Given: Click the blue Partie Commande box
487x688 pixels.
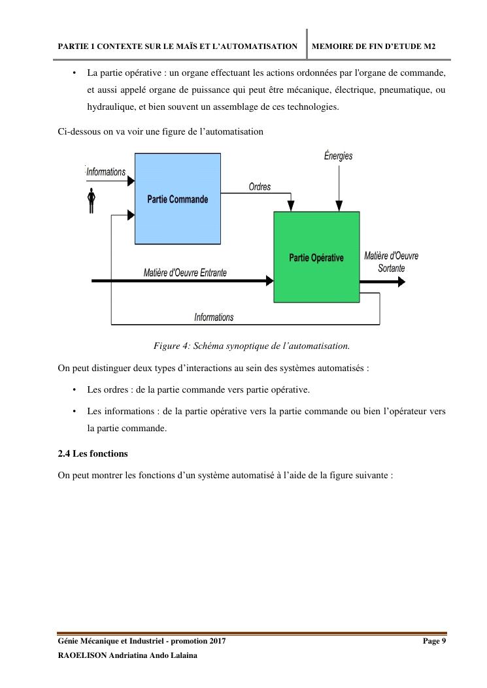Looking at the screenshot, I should (x=177, y=199).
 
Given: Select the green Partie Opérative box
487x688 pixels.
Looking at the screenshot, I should (x=316, y=257).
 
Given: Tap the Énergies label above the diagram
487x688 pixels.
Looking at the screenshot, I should (x=338, y=156).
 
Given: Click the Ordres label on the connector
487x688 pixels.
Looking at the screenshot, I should (x=260, y=187).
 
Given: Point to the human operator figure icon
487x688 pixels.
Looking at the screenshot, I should (x=92, y=200).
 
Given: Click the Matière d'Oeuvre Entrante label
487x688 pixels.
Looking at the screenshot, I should (x=185, y=272).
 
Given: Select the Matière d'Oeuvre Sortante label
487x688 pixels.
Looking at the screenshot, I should (x=391, y=262).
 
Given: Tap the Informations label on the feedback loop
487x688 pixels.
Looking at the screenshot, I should (x=214, y=318).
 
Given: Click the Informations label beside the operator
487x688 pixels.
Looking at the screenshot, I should (x=106, y=172).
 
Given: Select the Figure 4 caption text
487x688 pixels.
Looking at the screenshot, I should (x=252, y=345).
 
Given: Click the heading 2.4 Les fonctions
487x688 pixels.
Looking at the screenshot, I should (x=93, y=453).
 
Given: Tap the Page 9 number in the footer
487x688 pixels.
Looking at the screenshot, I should (x=435, y=642).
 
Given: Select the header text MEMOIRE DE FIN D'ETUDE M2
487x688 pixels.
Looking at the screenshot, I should (x=375, y=46).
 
